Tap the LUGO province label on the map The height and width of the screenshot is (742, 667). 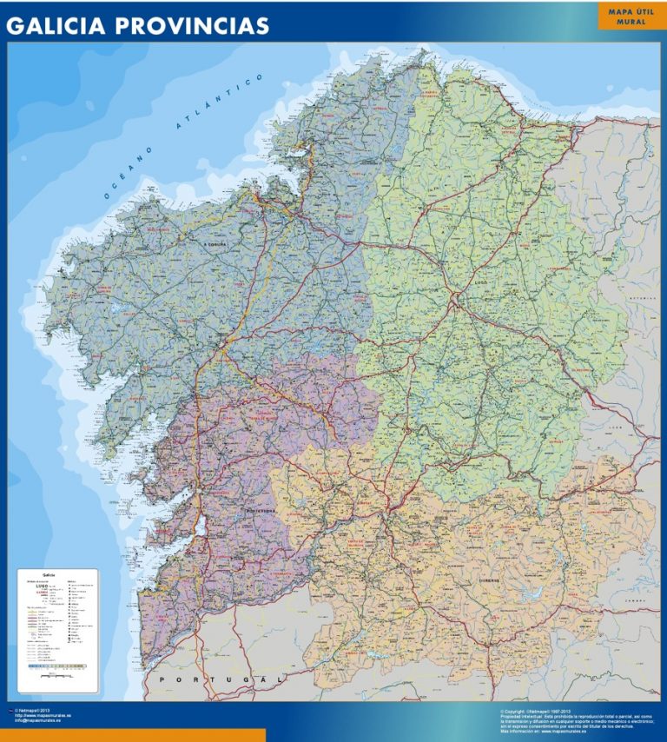[x=482, y=282]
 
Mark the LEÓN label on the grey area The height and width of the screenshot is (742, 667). [x=616, y=427]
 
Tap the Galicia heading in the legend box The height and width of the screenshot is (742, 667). [x=48, y=575]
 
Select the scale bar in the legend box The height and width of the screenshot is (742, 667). [x=56, y=667]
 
